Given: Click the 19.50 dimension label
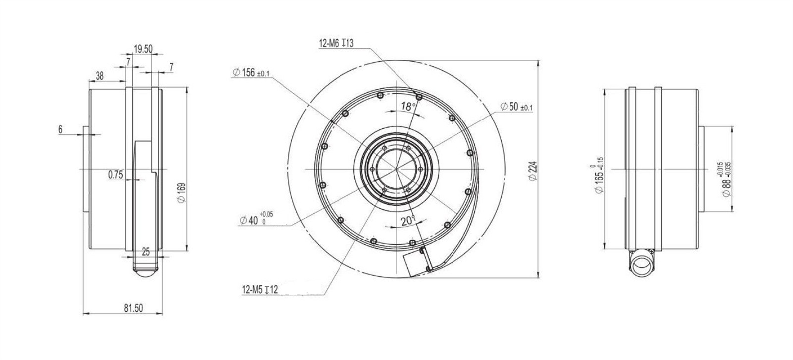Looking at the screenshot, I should [143, 49].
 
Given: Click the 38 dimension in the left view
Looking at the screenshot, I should [99, 76].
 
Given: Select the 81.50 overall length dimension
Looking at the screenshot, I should [133, 308].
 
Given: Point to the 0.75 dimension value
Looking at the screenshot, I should [115, 174].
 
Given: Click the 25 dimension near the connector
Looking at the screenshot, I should [145, 251].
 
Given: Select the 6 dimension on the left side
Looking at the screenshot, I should [60, 129].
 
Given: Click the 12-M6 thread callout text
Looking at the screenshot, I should [336, 43].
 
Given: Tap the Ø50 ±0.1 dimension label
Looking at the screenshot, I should [516, 107].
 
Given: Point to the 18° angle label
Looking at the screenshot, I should [408, 106].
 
